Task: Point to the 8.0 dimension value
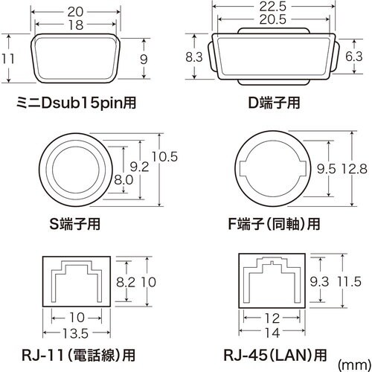[x=124, y=179]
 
